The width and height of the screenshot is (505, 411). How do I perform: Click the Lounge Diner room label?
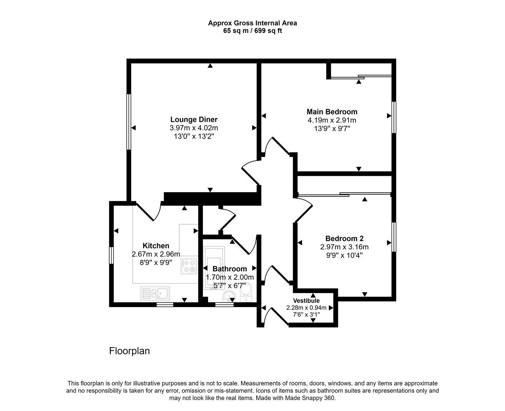194,119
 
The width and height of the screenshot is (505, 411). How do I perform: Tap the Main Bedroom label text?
332,112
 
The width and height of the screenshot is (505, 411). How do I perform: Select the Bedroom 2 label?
344,239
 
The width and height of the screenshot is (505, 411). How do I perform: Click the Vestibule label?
306,301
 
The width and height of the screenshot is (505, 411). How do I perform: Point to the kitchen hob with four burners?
189,266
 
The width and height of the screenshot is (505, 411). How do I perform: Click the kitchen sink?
156,293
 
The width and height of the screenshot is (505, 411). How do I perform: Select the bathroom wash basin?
228,296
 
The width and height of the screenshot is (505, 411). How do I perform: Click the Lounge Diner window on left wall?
129,122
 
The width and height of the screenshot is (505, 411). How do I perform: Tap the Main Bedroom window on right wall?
394,117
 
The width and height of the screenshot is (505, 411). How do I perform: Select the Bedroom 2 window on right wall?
394,237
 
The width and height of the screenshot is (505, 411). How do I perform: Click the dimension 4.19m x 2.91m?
332,120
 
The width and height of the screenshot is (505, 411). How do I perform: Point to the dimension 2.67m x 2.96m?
156,254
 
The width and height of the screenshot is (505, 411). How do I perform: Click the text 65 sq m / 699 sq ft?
252,31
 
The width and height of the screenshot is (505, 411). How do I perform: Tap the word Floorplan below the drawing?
129,351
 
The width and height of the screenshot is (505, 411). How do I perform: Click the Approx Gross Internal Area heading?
252,23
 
